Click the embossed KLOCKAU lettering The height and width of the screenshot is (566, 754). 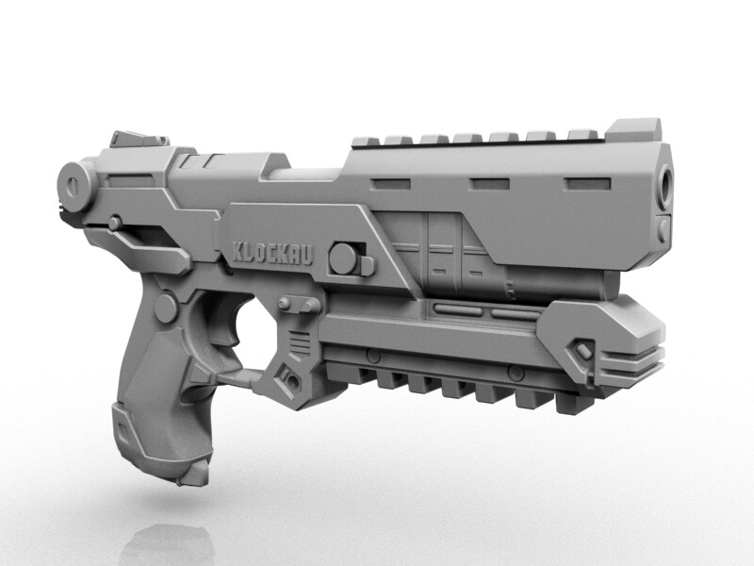click(x=274, y=252)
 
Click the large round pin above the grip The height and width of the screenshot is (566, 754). click(x=166, y=308)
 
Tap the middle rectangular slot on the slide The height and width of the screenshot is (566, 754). click(x=488, y=182)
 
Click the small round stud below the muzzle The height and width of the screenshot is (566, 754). click(x=664, y=229)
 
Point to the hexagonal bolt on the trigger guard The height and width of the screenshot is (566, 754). click(x=290, y=381)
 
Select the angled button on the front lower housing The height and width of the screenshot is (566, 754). click(x=583, y=351)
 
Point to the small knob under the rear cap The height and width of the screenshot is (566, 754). click(x=115, y=223)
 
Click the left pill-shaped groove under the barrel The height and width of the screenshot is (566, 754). click(x=456, y=308)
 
